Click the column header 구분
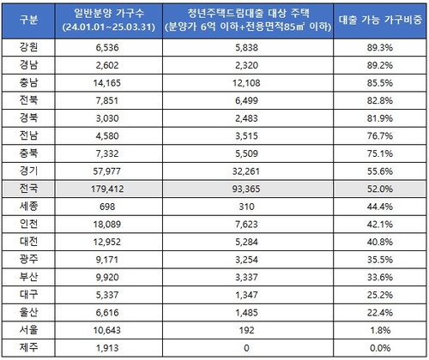pos(28,21)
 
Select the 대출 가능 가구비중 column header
pos(380,20)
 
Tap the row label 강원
pos(28,47)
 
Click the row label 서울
pos(28,330)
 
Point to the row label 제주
pos(28,348)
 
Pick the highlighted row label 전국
pos(28,189)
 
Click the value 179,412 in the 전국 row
pos(107,189)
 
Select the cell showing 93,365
pos(246,189)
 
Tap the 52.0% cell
pos(380,189)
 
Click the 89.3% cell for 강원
pos(380,47)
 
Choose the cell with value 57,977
pos(107,171)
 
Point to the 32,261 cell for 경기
pos(246,171)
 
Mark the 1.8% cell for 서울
pos(380,330)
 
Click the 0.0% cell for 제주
pos(380,348)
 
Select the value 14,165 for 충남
pos(107,83)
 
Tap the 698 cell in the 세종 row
pos(107,207)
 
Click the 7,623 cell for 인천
pos(246,225)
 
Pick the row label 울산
pos(28,312)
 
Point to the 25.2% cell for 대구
pos(380,295)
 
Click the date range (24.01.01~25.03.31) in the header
pos(109,27)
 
